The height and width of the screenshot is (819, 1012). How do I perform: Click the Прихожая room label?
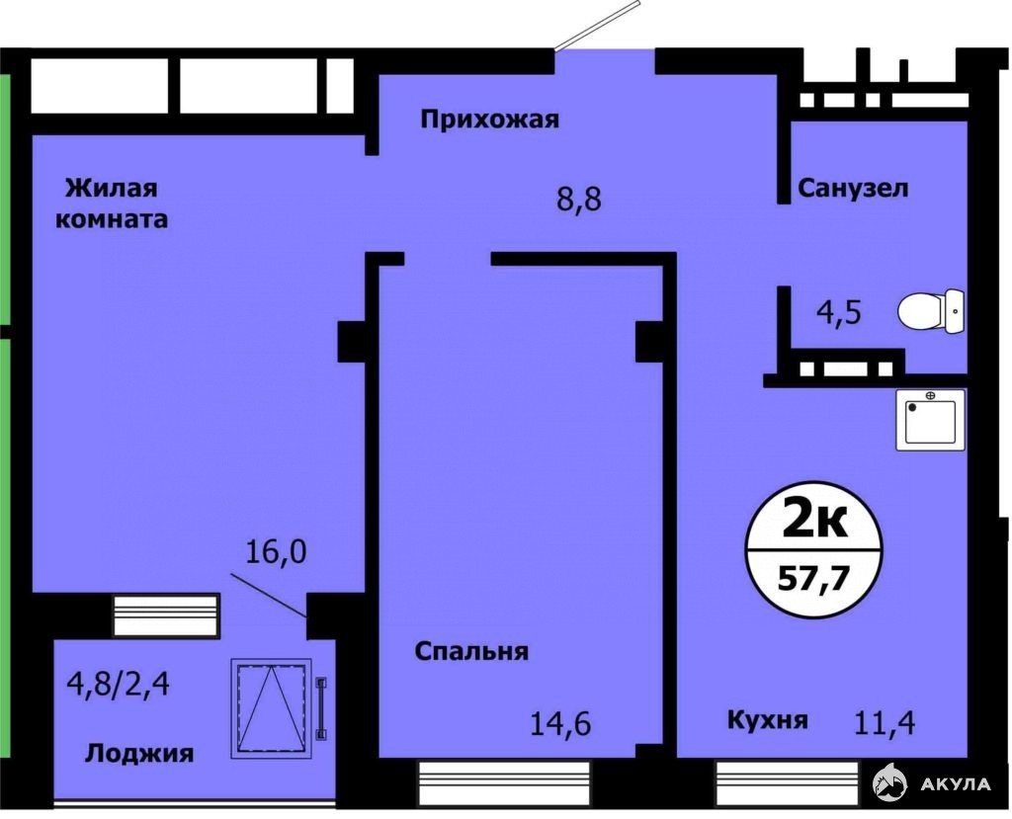[x=489, y=121]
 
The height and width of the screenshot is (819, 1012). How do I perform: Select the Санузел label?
[x=853, y=189]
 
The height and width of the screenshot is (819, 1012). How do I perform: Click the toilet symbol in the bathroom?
[x=931, y=312]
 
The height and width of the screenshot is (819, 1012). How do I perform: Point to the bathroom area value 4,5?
[x=839, y=312]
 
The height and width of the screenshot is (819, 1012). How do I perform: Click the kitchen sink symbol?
[x=930, y=419]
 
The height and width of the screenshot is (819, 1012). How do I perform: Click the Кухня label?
[x=767, y=719]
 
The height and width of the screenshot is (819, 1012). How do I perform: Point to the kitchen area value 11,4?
[x=885, y=723]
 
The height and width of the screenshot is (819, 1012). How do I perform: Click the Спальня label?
[x=471, y=652]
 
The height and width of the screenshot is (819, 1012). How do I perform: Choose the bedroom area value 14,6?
[x=560, y=723]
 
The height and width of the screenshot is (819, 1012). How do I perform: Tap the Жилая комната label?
[x=112, y=204]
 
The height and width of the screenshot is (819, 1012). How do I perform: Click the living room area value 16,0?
[x=277, y=552]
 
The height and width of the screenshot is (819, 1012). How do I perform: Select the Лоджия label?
[x=139, y=753]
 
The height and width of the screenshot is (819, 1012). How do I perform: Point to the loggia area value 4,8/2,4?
[x=119, y=684]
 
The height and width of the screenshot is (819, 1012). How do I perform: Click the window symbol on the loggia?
[x=271, y=708]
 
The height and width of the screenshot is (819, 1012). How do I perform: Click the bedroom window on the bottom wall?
[x=505, y=782]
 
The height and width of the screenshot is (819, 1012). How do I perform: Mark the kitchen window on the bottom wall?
[x=788, y=781]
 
